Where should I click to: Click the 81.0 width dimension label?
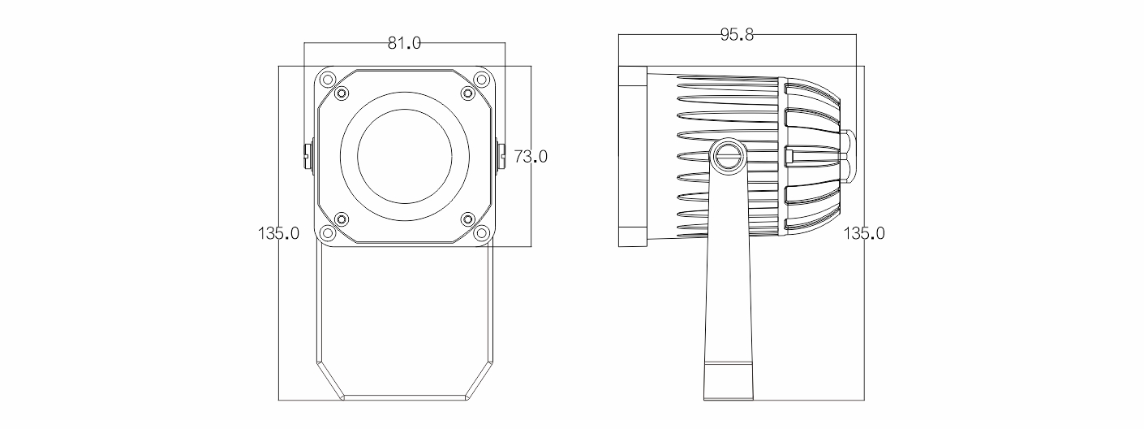(x=404, y=43)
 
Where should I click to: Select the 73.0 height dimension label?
(x=531, y=157)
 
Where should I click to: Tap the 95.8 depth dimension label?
(x=737, y=35)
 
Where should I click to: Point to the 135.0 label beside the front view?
(x=278, y=233)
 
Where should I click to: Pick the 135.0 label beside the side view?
(x=863, y=233)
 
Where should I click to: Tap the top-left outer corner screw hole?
(x=328, y=80)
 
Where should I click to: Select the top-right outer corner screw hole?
(x=481, y=80)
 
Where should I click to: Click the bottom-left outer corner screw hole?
(x=328, y=233)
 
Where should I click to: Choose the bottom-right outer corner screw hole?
(x=481, y=233)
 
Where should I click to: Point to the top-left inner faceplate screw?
(x=341, y=93)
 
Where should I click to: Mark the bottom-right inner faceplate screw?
(x=468, y=219)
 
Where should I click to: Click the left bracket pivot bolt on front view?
(x=308, y=156)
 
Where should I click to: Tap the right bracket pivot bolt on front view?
(x=501, y=156)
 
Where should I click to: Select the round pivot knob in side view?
(x=727, y=157)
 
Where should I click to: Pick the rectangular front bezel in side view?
(x=633, y=157)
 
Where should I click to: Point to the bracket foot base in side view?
(x=729, y=381)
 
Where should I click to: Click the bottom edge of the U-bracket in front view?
(x=405, y=396)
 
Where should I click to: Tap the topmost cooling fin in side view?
(x=729, y=79)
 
